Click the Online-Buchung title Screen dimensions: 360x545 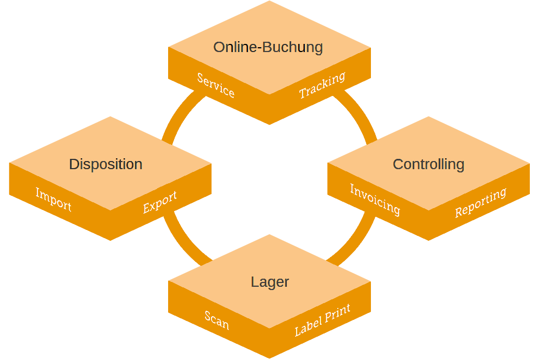268,47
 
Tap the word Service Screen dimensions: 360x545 216,85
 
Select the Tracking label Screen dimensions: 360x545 322,85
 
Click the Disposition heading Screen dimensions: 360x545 106,164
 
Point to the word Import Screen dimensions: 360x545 53,199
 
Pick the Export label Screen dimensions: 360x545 160,202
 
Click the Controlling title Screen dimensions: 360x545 428,164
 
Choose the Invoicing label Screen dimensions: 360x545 375,199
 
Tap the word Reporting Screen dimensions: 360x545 480,202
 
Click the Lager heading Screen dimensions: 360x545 270,282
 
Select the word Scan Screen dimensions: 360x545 217,320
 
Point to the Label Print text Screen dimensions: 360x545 322,320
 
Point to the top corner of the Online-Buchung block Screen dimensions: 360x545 270,2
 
